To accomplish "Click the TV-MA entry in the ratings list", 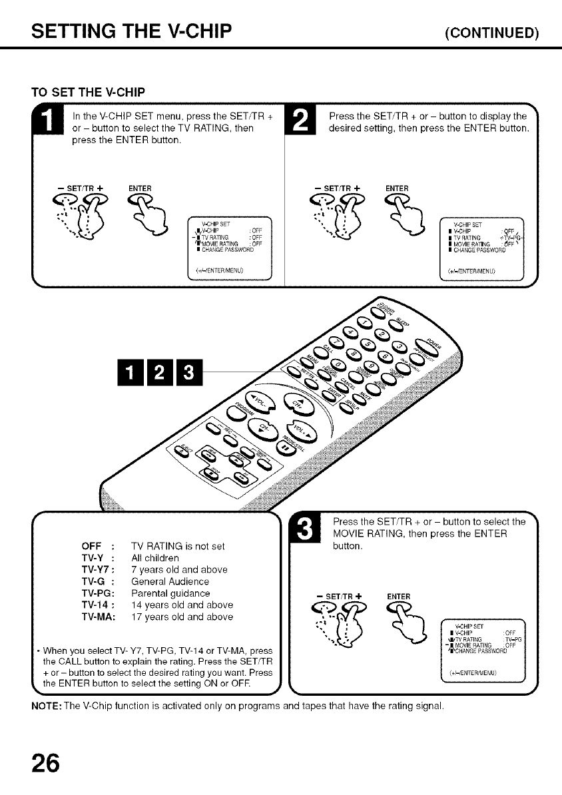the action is (98, 617).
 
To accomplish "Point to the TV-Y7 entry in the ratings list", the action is (98, 569).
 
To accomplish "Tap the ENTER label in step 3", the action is (398, 596).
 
